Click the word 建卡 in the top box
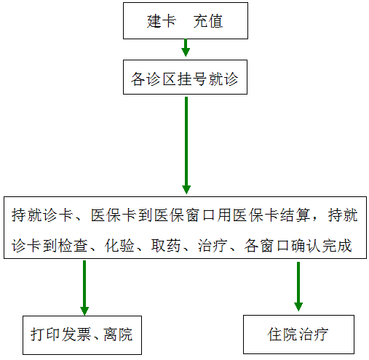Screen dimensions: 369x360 [162, 21]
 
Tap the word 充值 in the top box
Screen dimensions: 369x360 [208, 21]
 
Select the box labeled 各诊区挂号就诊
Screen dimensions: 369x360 [185, 77]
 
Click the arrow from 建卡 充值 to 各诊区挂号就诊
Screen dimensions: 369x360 [186, 48]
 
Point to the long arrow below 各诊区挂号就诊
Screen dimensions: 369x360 [186, 145]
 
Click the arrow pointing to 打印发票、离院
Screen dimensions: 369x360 [84, 288]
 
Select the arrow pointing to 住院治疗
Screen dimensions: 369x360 [298, 287]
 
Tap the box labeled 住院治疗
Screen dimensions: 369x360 [298, 335]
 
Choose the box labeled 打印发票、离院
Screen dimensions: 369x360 [82, 335]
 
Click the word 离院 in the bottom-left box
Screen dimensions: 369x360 [118, 335]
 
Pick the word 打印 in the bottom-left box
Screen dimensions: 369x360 [45, 335]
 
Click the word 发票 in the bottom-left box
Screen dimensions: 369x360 [76, 335]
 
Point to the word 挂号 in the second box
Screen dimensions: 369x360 [193, 79]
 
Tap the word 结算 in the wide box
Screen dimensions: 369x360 [295, 215]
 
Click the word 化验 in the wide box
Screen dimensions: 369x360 [119, 246]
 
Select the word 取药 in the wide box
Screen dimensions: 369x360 [166, 246]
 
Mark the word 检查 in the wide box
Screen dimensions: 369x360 [73, 246]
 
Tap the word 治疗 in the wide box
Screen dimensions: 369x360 [213, 246]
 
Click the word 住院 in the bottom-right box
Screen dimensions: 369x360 [282, 335]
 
